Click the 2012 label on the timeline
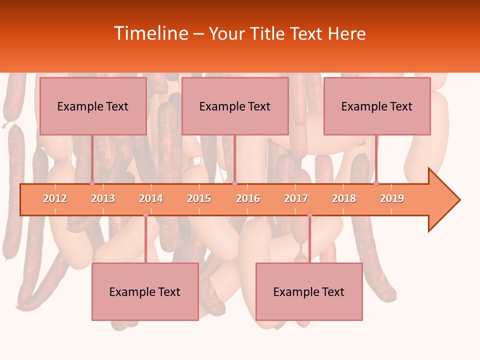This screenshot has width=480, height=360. (x=55, y=198)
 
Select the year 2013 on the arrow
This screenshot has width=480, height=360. (x=103, y=198)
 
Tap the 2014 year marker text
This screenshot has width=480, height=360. (x=151, y=198)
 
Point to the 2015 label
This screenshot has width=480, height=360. (x=199, y=198)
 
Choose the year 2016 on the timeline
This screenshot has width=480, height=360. (x=248, y=198)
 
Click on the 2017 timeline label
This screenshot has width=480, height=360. (x=296, y=198)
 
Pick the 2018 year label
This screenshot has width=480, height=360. (x=344, y=198)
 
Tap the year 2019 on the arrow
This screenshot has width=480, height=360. (x=392, y=198)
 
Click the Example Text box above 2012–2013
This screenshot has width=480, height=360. (x=93, y=106)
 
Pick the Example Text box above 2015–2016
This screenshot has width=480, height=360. (x=235, y=106)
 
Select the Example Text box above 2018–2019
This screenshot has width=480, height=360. (x=377, y=106)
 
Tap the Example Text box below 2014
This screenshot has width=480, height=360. (x=145, y=291)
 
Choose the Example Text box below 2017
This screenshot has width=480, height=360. (x=309, y=291)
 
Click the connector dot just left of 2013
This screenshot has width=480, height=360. (x=92, y=183)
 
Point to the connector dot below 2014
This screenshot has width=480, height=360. (x=145, y=214)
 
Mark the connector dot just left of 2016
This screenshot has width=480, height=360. (x=234, y=183)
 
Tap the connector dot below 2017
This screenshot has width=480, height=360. (x=309, y=214)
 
